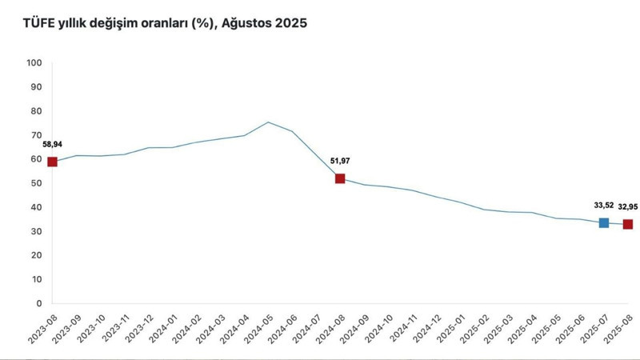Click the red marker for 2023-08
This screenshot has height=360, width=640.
tap(53, 162)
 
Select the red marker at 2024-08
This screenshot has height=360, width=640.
tap(340, 178)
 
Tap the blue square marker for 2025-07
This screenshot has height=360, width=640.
tap(604, 222)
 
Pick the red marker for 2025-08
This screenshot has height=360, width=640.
tap(628, 224)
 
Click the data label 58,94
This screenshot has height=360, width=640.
tap(54, 144)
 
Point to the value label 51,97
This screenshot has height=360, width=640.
tap(339, 161)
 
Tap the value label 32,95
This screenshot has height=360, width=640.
tap(628, 206)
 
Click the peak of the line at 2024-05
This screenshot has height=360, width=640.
tap(268, 122)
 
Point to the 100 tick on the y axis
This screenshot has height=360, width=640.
tap(34, 62)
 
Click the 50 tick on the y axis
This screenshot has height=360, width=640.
tap(36, 183)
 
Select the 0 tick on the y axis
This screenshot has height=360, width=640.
tap(38, 304)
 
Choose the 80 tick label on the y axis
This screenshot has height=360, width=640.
tap(36, 110)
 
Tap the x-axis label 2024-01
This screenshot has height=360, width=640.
tap(160, 330)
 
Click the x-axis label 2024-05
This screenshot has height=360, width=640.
tap(256, 330)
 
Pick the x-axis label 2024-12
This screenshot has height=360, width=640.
tap(423, 330)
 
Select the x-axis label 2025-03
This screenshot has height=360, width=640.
tap(495, 330)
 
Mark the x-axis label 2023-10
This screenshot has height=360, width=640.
tap(88, 330)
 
